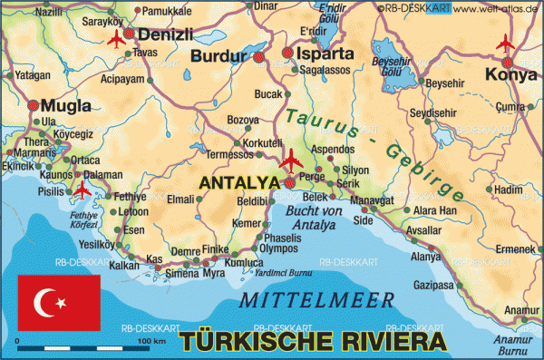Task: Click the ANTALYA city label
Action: (x=238, y=183)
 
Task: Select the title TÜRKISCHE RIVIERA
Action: (x=313, y=342)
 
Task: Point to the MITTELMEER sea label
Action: (x=316, y=300)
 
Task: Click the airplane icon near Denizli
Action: (x=115, y=39)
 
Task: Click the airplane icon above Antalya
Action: (x=291, y=162)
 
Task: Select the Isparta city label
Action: (x=324, y=54)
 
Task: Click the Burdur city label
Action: (x=219, y=57)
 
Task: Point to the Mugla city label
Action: (x=67, y=106)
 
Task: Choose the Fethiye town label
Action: (x=129, y=197)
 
